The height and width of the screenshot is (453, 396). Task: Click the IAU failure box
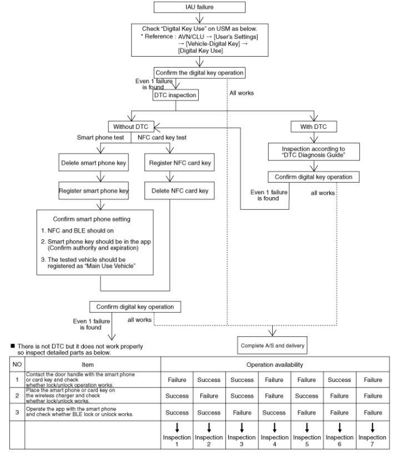click(199, 7)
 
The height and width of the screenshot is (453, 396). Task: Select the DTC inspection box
click(176, 95)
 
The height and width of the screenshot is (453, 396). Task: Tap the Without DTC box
click(131, 127)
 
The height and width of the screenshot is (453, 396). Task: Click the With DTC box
click(314, 127)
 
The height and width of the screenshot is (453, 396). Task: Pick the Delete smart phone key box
click(94, 162)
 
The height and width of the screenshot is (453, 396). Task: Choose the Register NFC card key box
click(179, 162)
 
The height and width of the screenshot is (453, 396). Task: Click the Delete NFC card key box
click(179, 190)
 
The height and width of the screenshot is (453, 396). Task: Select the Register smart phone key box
click(94, 190)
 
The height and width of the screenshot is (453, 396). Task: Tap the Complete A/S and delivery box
click(272, 345)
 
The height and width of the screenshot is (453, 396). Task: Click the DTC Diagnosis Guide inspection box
click(314, 152)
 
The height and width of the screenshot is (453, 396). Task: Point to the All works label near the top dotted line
click(242, 93)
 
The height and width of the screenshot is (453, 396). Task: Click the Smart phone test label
click(101, 138)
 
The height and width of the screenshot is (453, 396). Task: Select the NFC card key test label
click(162, 138)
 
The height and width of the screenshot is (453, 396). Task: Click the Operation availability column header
click(275, 365)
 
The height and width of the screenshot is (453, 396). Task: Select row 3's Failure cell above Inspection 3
click(242, 412)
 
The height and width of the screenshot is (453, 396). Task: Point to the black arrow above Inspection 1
click(177, 428)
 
